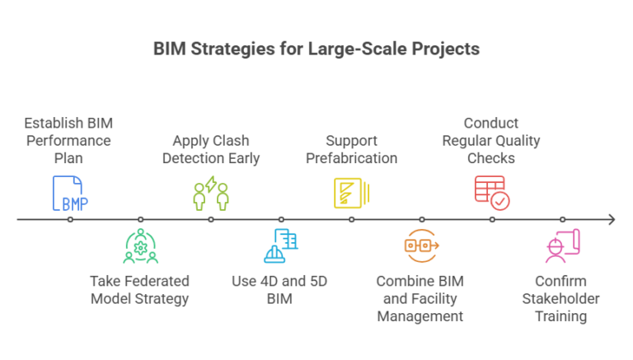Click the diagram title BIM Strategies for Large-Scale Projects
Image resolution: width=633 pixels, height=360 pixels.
[316, 49]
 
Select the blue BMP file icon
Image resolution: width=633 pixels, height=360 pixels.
[70, 194]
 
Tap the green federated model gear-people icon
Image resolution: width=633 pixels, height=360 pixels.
[141, 246]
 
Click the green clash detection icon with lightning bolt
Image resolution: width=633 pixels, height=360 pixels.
[211, 194]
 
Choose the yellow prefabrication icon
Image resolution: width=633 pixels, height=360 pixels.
[352, 193]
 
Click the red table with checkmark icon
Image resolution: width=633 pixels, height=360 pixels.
[492, 193]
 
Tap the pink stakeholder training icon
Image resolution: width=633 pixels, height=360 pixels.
[563, 246]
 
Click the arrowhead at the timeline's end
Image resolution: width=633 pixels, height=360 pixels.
[611, 220]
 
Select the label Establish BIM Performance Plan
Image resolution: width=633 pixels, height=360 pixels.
[69, 141]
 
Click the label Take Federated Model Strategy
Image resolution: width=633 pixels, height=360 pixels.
[140, 290]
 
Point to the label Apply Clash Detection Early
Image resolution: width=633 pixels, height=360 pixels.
[211, 149]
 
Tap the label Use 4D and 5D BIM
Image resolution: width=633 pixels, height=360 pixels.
[280, 290]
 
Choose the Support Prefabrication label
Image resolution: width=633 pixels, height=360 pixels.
[351, 149]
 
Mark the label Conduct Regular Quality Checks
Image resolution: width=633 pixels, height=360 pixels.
[491, 140]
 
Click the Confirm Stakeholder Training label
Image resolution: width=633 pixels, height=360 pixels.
[562, 298]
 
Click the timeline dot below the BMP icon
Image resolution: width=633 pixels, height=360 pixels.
[70, 220]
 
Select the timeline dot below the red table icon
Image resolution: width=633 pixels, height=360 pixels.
[492, 220]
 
